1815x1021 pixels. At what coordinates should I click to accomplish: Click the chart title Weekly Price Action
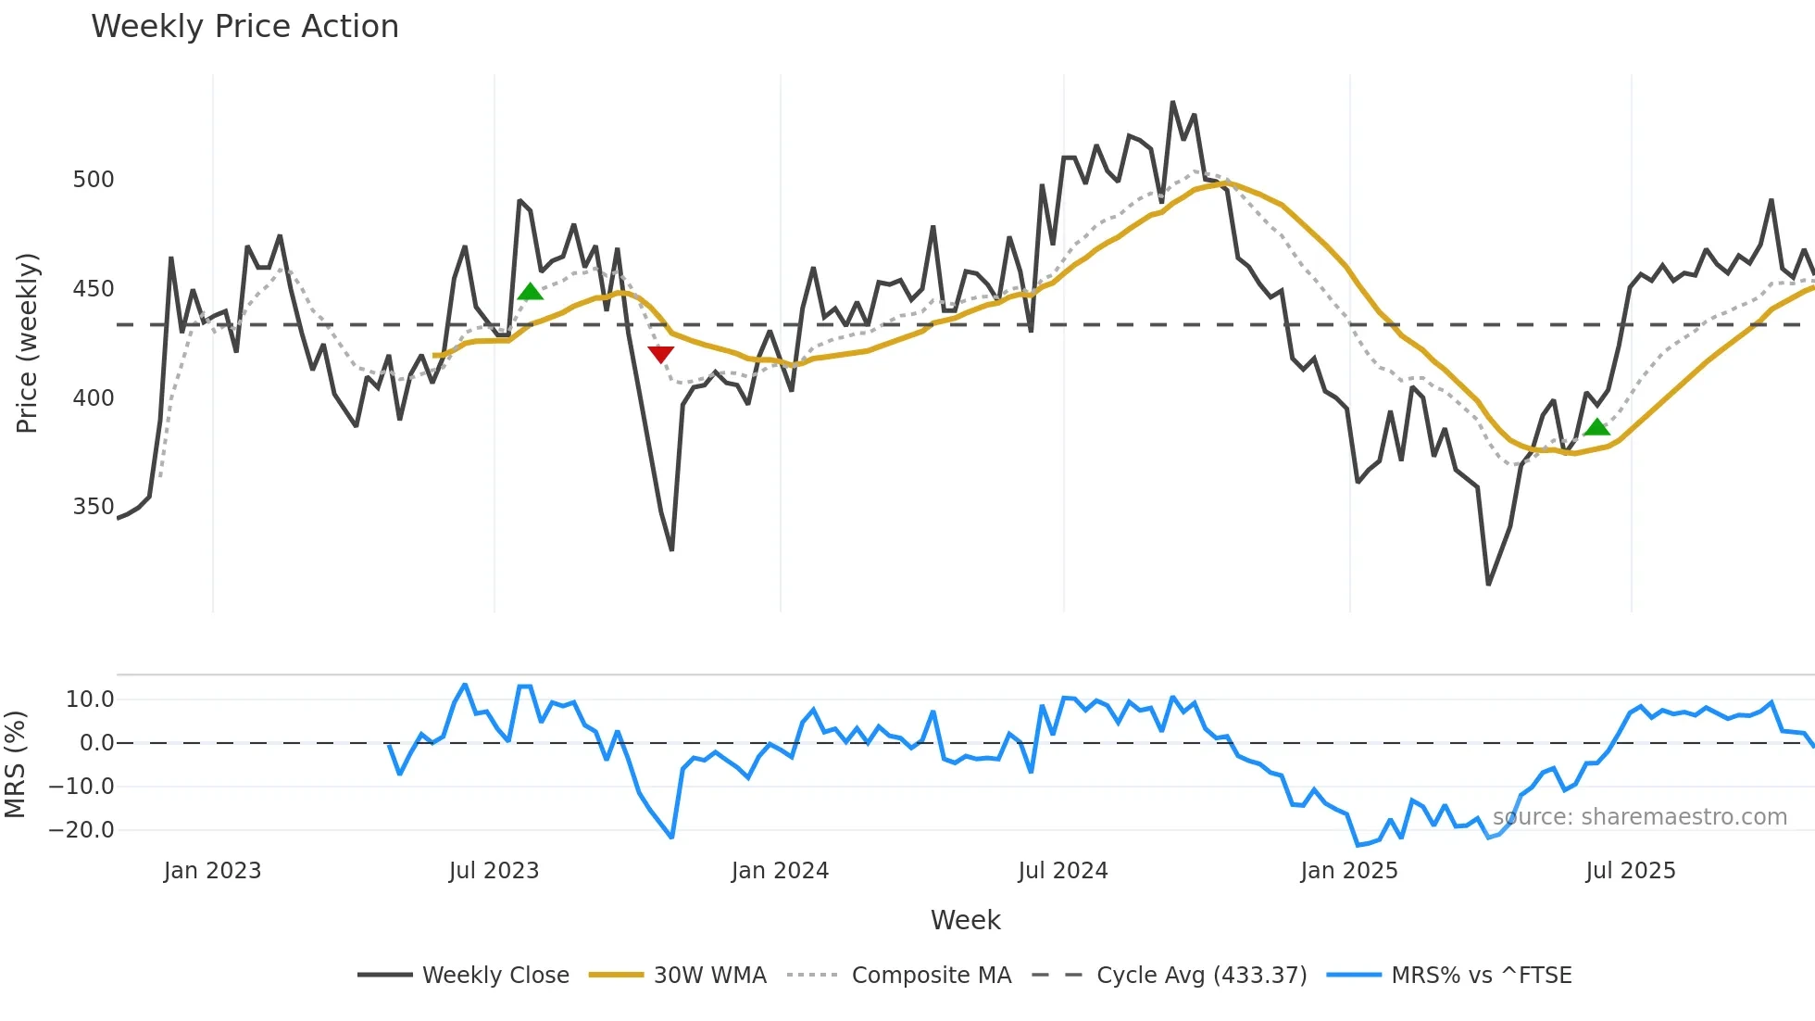(244, 26)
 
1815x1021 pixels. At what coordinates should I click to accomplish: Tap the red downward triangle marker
(660, 355)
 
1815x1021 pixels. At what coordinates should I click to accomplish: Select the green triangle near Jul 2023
(530, 292)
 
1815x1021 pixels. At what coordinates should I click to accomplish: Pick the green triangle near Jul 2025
(1596, 427)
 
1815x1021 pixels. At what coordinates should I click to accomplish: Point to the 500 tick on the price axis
(94, 180)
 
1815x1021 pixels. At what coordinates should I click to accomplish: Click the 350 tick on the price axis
(94, 507)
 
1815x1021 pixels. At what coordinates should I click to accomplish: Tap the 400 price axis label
(94, 398)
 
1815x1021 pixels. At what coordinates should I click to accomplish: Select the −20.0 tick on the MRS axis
(81, 830)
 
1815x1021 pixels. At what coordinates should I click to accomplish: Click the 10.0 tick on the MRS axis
(90, 700)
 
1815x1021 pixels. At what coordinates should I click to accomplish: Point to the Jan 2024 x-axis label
(780, 871)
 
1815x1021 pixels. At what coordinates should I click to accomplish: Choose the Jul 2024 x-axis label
(1062, 871)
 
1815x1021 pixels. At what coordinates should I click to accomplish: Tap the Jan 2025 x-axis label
(1348, 871)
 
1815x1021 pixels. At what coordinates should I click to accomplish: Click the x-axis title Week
(965, 920)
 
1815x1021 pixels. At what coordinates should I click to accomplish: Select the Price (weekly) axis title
(28, 343)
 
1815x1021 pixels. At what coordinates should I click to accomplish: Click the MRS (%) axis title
(15, 764)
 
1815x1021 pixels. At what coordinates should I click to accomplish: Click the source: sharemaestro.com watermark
(1639, 817)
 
